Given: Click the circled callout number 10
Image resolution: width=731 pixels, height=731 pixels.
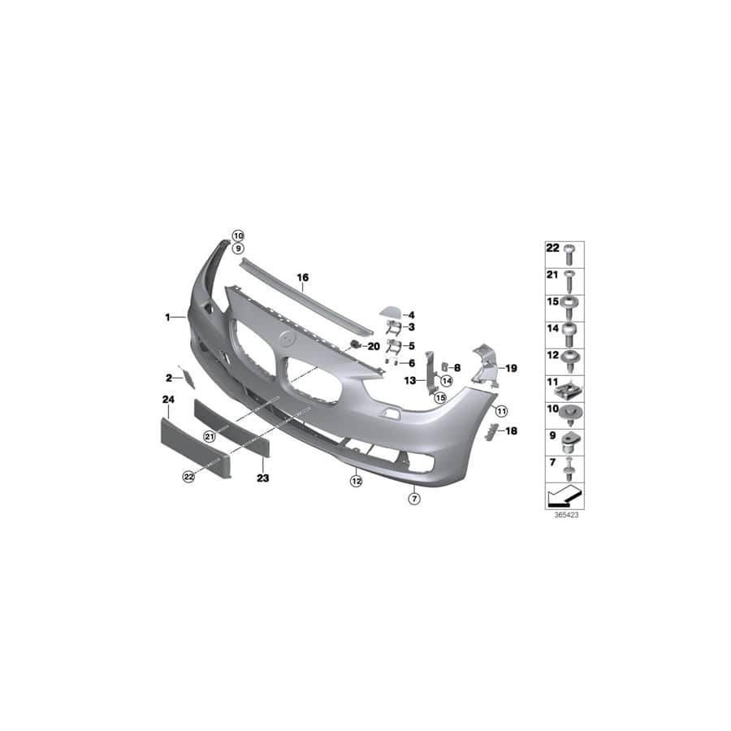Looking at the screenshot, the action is [x=238, y=236].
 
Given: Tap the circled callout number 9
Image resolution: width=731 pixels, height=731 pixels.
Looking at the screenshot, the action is [x=238, y=249].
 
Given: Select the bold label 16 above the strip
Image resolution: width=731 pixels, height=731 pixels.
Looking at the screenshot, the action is [x=303, y=278].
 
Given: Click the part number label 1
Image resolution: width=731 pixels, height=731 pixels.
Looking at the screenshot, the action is [x=167, y=318].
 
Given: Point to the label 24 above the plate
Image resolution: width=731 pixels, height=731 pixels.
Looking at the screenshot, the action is [x=168, y=400].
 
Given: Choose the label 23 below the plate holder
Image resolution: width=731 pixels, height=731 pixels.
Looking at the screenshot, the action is [x=263, y=478].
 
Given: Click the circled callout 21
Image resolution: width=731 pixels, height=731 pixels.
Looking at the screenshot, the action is [x=210, y=437].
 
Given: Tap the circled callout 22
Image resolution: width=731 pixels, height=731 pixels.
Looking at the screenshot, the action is [x=188, y=477].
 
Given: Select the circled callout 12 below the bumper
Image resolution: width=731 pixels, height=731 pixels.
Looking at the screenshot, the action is [x=357, y=481].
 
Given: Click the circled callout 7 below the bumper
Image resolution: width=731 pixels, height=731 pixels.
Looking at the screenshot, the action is [x=414, y=499].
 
